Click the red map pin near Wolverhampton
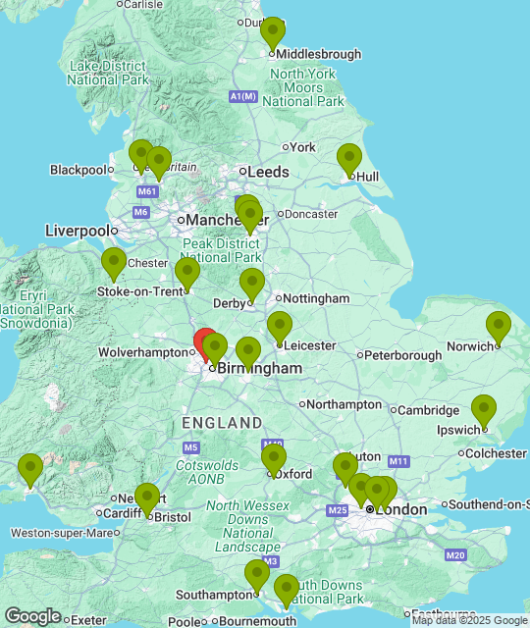coord(206,343)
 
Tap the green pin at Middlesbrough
coord(273,33)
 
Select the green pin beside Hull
coord(349,159)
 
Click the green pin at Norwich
coord(499,327)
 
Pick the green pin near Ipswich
coord(484,410)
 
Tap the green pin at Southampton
coord(257,575)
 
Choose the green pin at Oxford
coord(274,459)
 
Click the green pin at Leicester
coord(280,327)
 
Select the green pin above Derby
coord(252,284)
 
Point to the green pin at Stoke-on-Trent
coord(187,273)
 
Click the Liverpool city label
coord(78,231)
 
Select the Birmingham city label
coord(259,368)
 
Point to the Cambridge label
coord(429,410)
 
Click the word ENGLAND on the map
coord(222,423)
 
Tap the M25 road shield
coord(338,510)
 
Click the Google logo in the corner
coord(32,615)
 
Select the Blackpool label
coord(78,170)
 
